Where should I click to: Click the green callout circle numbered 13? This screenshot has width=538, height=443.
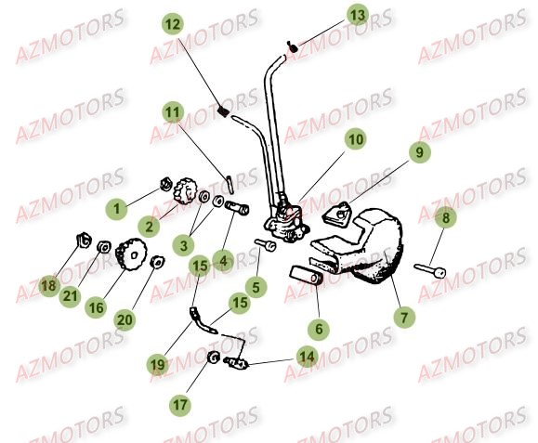(358, 15)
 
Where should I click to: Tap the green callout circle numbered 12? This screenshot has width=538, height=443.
(174, 23)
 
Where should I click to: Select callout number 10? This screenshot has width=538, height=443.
(356, 140)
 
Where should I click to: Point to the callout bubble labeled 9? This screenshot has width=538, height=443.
(418, 151)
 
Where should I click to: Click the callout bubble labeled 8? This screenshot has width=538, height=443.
(446, 218)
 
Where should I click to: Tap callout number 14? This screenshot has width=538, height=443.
(306, 355)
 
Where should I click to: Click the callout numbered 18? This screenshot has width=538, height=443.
(47, 288)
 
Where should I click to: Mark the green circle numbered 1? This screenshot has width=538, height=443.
(117, 210)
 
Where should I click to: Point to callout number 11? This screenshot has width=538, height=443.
(173, 112)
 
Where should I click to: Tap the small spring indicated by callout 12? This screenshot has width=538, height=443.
(223, 112)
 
